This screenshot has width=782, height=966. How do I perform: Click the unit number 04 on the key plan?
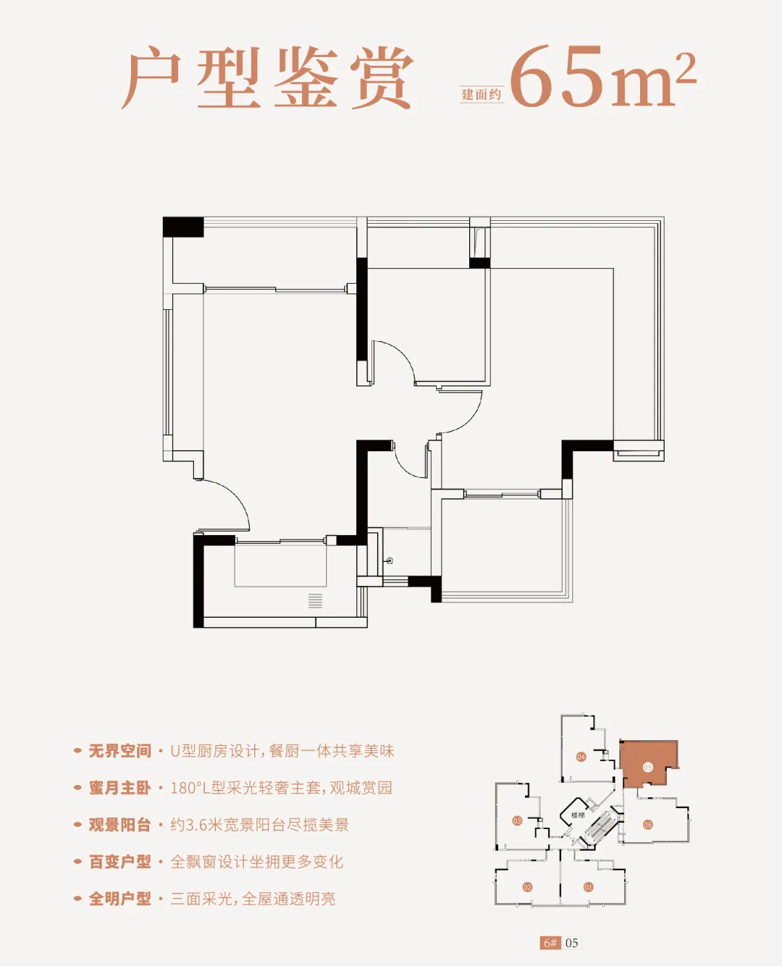581,757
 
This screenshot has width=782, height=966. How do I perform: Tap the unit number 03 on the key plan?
517,820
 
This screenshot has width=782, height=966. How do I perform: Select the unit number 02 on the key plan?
527,887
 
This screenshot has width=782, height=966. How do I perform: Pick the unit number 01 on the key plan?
588,887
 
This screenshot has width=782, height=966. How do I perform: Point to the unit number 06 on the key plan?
648,825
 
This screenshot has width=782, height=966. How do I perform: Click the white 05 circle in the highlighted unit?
647,767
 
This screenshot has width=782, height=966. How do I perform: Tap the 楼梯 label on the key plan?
577,815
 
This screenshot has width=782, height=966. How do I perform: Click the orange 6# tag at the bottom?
550,943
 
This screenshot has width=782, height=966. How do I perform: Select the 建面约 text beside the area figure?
482,94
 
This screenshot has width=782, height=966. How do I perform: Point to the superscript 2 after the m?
684,70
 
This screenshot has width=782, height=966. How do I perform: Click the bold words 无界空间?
119,751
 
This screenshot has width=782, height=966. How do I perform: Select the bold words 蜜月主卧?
119,788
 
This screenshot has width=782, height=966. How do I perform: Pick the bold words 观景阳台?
119,825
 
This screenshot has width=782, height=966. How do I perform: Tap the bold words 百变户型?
119,862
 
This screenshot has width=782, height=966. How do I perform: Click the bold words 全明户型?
119,899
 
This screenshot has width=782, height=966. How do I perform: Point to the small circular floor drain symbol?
390,561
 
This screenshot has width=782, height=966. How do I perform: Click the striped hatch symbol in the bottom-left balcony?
315,600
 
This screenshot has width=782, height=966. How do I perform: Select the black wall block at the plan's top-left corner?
182,227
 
